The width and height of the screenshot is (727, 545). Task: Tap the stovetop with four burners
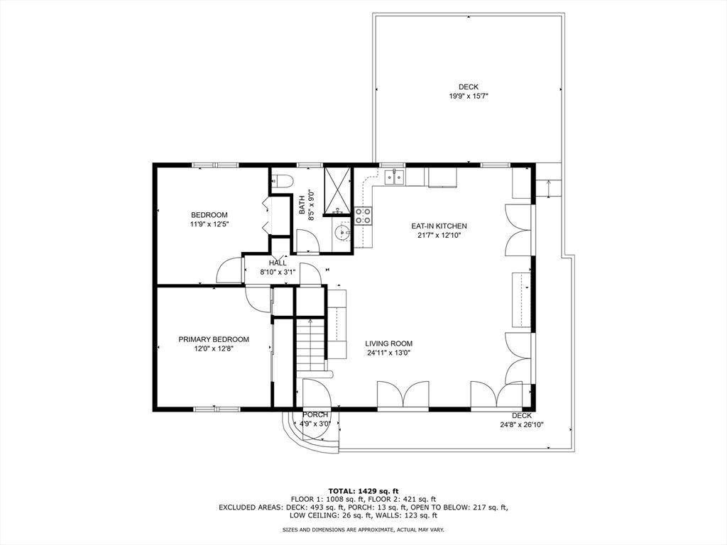click(x=363, y=216)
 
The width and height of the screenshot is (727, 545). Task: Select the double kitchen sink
click(x=394, y=176)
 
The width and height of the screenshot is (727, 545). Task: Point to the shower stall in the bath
click(x=337, y=192)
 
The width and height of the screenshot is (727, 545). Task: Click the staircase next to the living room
click(x=310, y=345)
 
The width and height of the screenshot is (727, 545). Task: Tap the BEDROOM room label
click(x=209, y=215)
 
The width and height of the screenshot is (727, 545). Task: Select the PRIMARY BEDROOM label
click(x=214, y=339)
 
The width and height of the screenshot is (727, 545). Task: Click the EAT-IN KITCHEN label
click(x=439, y=226)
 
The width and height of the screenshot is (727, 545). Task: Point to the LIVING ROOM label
click(x=388, y=344)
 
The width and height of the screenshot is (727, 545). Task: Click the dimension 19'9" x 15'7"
click(x=469, y=96)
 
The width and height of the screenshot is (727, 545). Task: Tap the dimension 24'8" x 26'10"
click(x=522, y=424)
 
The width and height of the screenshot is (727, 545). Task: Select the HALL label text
click(x=278, y=263)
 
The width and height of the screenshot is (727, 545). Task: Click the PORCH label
click(x=315, y=414)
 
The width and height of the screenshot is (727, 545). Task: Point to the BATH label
click(x=302, y=204)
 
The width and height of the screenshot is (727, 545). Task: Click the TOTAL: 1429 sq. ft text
click(x=363, y=491)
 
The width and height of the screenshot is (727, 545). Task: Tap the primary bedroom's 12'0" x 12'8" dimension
click(x=214, y=348)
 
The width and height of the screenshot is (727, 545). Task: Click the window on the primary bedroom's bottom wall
click(x=217, y=409)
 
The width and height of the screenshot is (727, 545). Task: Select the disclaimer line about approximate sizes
click(x=363, y=529)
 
